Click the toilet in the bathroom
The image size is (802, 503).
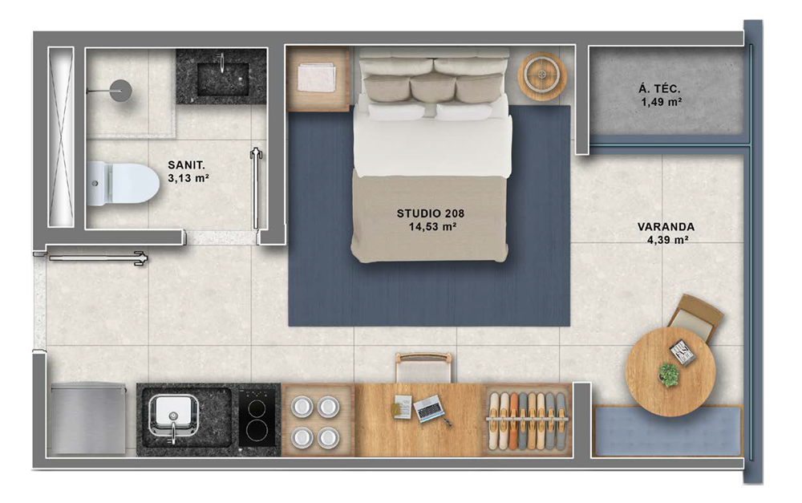tap(124, 183)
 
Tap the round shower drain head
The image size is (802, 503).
tap(120, 90)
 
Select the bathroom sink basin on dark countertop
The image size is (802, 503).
tap(222, 79)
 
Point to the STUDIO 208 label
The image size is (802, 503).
tap(431, 213)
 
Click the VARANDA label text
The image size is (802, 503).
tap(666, 227)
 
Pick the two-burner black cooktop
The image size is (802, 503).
tap(257, 418)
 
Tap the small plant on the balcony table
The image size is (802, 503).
tap(668, 374)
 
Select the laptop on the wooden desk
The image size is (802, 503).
tap(428, 408)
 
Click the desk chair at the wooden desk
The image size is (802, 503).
tap(423, 367)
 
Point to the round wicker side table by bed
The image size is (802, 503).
tap(542, 76)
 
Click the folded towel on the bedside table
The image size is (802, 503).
tap(317, 78)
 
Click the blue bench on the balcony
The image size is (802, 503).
tap(667, 432)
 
